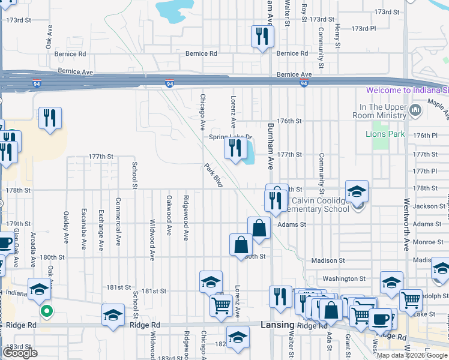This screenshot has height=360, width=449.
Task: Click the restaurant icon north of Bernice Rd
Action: [262, 36]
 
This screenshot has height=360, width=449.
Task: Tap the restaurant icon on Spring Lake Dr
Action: [235, 148]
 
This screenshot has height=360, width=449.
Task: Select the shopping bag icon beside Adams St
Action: [259, 229]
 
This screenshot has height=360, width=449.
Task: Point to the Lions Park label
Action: [385, 134]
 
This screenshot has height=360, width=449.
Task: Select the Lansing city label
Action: [277, 325]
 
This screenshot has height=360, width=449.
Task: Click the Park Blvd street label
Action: [213, 175]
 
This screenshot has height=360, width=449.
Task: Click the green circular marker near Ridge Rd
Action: [46, 311]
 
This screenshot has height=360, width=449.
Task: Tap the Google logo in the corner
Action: [20, 353]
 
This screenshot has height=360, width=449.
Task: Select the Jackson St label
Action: [429, 206]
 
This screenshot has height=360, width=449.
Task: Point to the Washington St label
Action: [344, 278]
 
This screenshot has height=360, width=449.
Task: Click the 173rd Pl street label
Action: [363, 28]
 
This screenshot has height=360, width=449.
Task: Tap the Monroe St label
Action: [428, 242]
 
